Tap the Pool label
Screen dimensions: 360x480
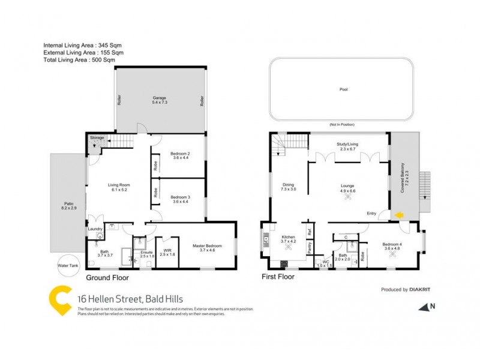pos(343,89)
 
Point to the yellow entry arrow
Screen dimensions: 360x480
pos(398,214)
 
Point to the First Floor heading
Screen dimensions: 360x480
pos(280,278)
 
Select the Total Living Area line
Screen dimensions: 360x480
pos(79,60)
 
